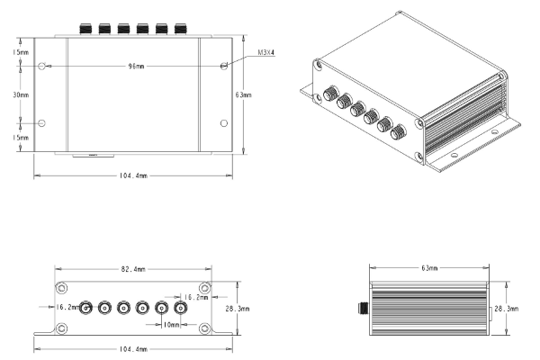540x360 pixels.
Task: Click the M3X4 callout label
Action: (x=265, y=53)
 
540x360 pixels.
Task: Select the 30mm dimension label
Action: (x=20, y=94)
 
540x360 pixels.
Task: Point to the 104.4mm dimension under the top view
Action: (x=134, y=175)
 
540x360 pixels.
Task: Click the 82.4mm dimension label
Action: (x=133, y=268)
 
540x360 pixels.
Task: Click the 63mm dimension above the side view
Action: (x=429, y=267)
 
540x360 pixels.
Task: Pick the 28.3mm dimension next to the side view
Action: (x=506, y=309)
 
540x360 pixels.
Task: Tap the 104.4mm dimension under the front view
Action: (x=134, y=348)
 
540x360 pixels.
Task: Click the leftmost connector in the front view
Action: (x=85, y=307)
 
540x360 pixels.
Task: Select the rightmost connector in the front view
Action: (x=181, y=307)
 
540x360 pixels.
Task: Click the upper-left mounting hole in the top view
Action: (x=41, y=67)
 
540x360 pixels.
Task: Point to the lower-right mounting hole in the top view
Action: (x=223, y=122)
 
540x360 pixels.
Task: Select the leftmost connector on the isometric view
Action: (x=328, y=93)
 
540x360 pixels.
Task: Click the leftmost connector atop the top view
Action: (x=84, y=30)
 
